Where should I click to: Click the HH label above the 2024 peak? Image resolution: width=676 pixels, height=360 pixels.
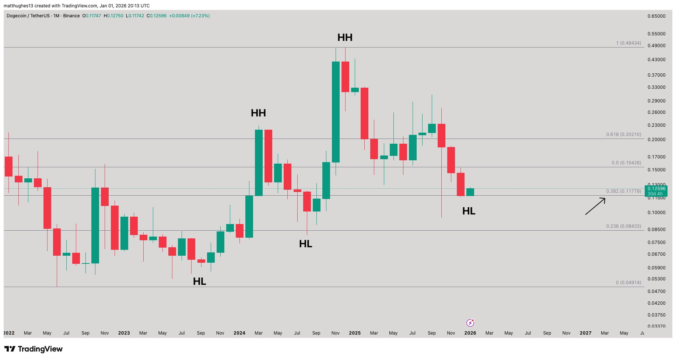(x=258, y=113)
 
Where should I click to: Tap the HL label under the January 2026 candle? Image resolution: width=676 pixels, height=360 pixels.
(x=469, y=211)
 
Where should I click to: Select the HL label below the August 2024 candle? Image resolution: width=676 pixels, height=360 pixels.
(x=305, y=244)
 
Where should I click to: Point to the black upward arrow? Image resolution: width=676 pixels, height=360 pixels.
(x=595, y=206)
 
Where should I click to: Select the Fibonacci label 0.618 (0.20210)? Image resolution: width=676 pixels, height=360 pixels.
(x=623, y=134)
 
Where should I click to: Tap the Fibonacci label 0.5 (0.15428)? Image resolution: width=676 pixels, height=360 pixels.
(x=626, y=163)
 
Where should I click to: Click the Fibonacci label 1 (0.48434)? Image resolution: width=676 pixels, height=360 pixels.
(x=628, y=43)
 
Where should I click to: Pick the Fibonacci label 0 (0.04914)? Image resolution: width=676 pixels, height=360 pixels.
(x=628, y=283)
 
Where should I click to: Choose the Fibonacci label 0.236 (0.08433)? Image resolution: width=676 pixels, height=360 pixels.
(x=623, y=226)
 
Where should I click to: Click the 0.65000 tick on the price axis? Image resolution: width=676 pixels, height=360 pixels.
(x=656, y=16)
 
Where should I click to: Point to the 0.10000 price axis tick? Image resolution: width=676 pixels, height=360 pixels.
(x=656, y=213)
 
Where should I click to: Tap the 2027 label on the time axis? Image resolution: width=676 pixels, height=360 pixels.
(x=585, y=333)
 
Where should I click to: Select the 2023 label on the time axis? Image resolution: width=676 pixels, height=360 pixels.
(x=124, y=333)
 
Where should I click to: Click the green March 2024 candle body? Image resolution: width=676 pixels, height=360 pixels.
(x=259, y=162)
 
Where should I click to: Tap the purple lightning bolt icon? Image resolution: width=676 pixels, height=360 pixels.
(x=470, y=323)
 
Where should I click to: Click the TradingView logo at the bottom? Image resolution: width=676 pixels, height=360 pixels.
(x=34, y=349)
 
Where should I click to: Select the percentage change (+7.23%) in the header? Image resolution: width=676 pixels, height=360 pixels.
(x=200, y=16)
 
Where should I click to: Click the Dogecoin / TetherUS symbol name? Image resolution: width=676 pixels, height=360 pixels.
(x=28, y=16)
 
